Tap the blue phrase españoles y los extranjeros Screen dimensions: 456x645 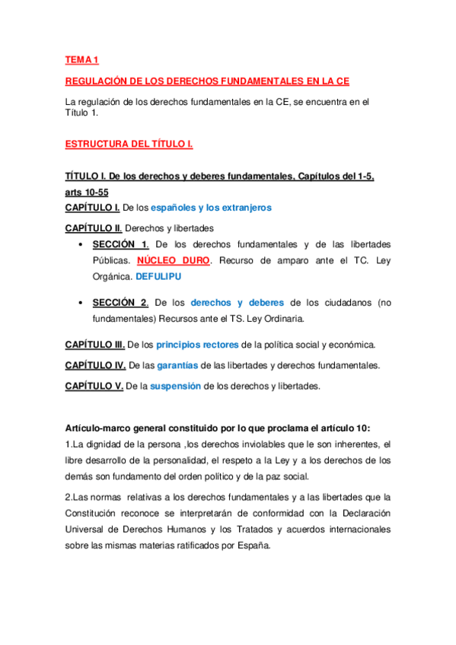211,207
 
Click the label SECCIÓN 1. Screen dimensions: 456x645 120,244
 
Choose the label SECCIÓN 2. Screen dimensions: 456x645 120,303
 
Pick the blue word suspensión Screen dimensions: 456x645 176,386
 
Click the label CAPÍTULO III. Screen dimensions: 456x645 95,345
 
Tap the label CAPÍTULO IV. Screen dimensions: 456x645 95,366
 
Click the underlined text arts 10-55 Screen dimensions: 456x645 87,192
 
